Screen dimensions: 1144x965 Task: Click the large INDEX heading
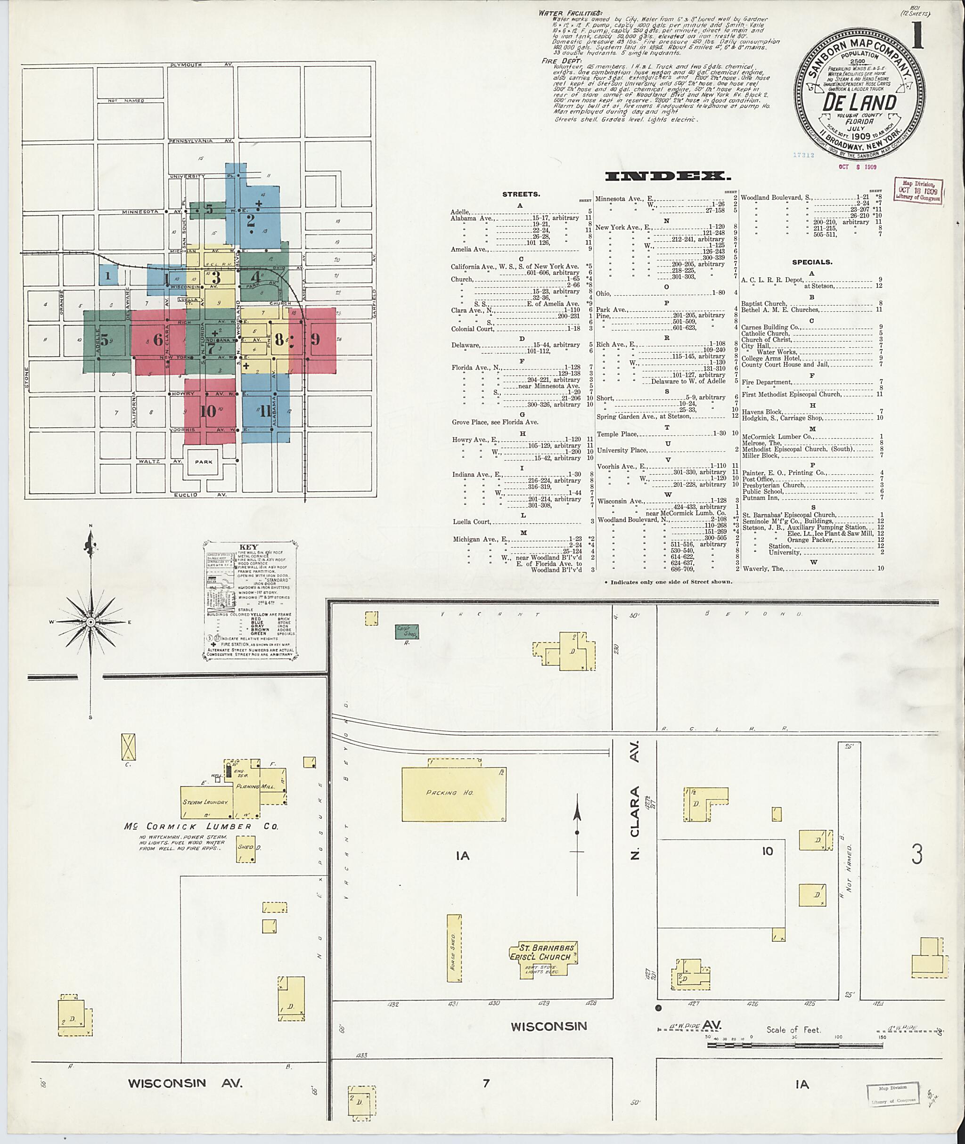(667, 176)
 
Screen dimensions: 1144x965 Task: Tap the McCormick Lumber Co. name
(201, 826)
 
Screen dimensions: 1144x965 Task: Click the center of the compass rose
(91, 622)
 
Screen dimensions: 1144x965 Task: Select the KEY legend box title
(249, 547)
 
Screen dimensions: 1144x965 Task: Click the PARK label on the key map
(203, 462)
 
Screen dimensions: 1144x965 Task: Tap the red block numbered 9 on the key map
(315, 339)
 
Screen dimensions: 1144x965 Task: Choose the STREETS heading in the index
(521, 194)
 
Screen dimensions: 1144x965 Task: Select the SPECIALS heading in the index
(812, 262)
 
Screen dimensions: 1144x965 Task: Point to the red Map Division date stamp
(919, 191)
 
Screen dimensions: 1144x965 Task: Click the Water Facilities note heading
(570, 13)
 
